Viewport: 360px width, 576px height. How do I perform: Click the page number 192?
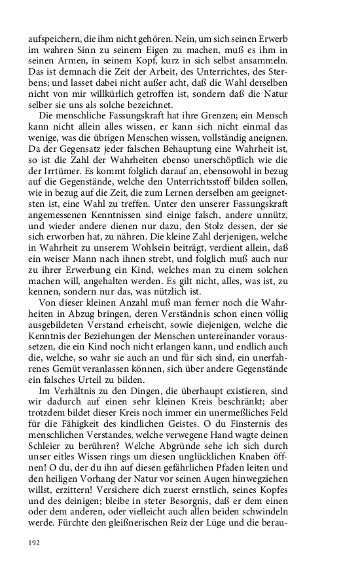[34, 543]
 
